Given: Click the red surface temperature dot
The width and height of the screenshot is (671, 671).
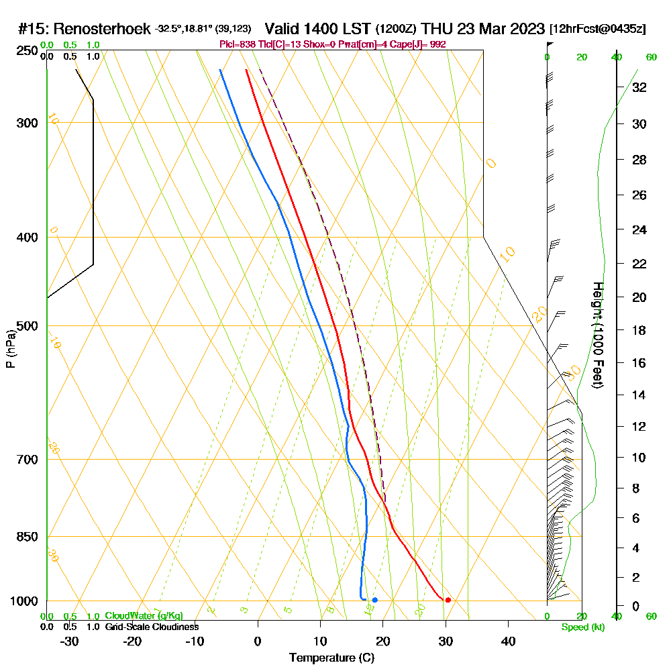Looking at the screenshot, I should (x=448, y=600).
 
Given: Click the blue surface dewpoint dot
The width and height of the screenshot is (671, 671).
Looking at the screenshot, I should (x=374, y=600).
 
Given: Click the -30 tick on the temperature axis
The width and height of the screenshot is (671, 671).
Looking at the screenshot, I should (x=69, y=641).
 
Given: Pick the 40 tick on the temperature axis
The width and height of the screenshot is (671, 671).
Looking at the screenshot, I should (x=509, y=641).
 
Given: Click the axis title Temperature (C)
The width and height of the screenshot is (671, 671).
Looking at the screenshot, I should (x=331, y=658).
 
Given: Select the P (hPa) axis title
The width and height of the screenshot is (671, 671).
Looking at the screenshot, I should (x=10, y=348).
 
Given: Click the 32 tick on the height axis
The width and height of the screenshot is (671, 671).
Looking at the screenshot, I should (x=639, y=87).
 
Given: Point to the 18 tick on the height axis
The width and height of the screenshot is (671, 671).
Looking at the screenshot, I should (x=639, y=330).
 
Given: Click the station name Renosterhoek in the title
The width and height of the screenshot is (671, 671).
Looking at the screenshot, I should (x=102, y=30).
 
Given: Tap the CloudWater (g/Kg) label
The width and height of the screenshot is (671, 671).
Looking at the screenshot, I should (x=144, y=616).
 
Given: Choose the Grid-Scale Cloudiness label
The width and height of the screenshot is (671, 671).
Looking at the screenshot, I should (x=151, y=627).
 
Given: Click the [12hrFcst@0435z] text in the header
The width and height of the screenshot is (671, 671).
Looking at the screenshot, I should (x=597, y=30).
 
